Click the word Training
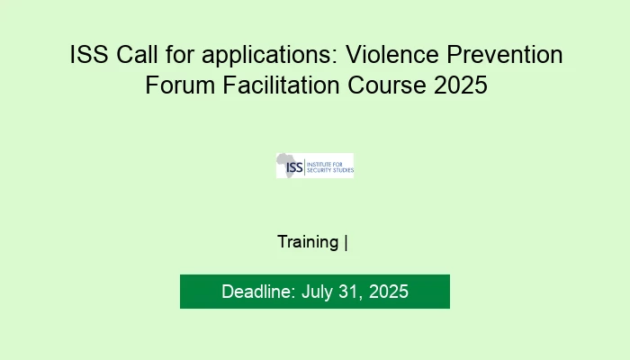(x=308, y=241)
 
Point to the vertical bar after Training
(x=346, y=241)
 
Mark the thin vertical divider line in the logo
(x=307, y=166)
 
